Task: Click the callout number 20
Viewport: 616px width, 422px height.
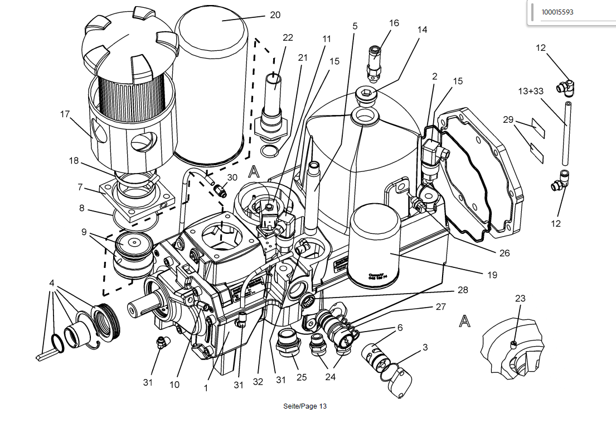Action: (x=275, y=15)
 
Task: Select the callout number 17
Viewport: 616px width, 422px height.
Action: (x=65, y=114)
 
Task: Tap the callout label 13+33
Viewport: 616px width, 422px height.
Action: (x=531, y=91)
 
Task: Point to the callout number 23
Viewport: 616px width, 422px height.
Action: (x=520, y=299)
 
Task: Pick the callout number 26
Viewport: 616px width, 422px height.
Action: (x=505, y=253)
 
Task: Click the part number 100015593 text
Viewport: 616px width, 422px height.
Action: (x=557, y=12)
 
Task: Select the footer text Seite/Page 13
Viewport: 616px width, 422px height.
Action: (x=304, y=406)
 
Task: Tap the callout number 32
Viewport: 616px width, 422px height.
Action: (x=258, y=382)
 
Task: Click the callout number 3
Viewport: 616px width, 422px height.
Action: (x=425, y=347)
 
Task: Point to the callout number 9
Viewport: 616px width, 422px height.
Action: (x=84, y=232)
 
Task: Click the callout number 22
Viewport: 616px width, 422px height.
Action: (x=288, y=37)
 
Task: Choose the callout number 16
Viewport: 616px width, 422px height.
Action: (x=394, y=23)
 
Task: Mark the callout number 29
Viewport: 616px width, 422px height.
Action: (x=507, y=119)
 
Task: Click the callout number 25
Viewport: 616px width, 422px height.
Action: (x=302, y=377)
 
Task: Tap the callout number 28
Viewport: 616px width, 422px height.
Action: (x=462, y=290)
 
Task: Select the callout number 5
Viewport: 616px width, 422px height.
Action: (x=355, y=26)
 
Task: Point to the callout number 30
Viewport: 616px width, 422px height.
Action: (x=232, y=177)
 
